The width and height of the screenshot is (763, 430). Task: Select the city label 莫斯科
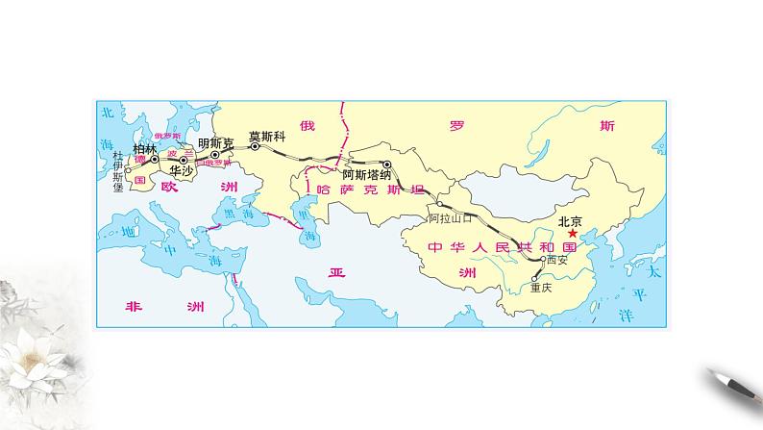tap(267, 136)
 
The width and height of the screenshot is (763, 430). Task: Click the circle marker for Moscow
tap(255, 147)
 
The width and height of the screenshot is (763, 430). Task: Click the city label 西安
tap(556, 259)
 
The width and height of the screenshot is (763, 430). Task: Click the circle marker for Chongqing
tap(534, 277)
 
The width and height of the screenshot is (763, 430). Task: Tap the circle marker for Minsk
tap(216, 153)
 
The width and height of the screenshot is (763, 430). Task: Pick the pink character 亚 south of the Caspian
tap(335, 272)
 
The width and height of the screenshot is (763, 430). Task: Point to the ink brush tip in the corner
tap(712, 373)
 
